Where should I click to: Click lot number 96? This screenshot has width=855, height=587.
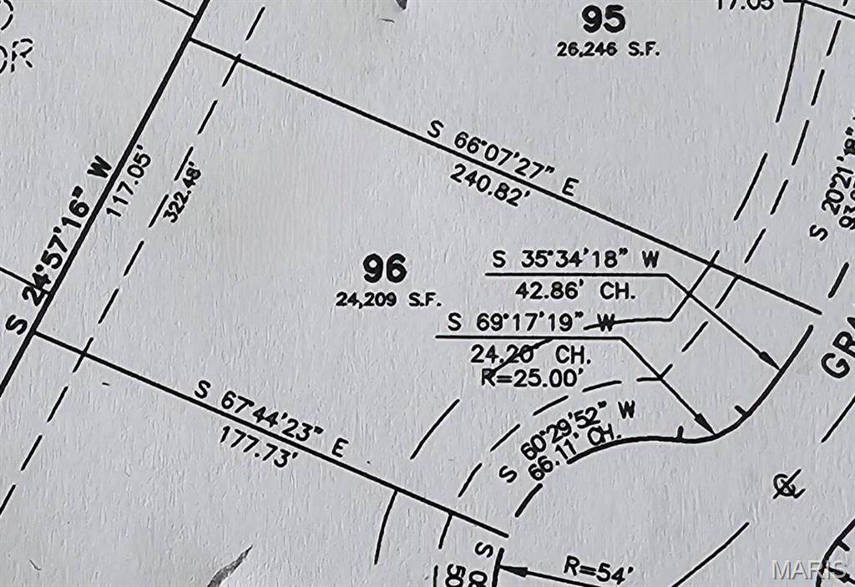[x=385, y=269]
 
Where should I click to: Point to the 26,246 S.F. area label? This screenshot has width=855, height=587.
[x=608, y=49]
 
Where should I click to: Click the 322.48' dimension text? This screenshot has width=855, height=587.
[x=183, y=195]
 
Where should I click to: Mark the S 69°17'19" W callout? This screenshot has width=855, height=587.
[x=531, y=321]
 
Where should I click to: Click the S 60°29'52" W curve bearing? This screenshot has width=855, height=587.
[x=568, y=440]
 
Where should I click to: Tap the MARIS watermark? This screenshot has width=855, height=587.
[x=808, y=570]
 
